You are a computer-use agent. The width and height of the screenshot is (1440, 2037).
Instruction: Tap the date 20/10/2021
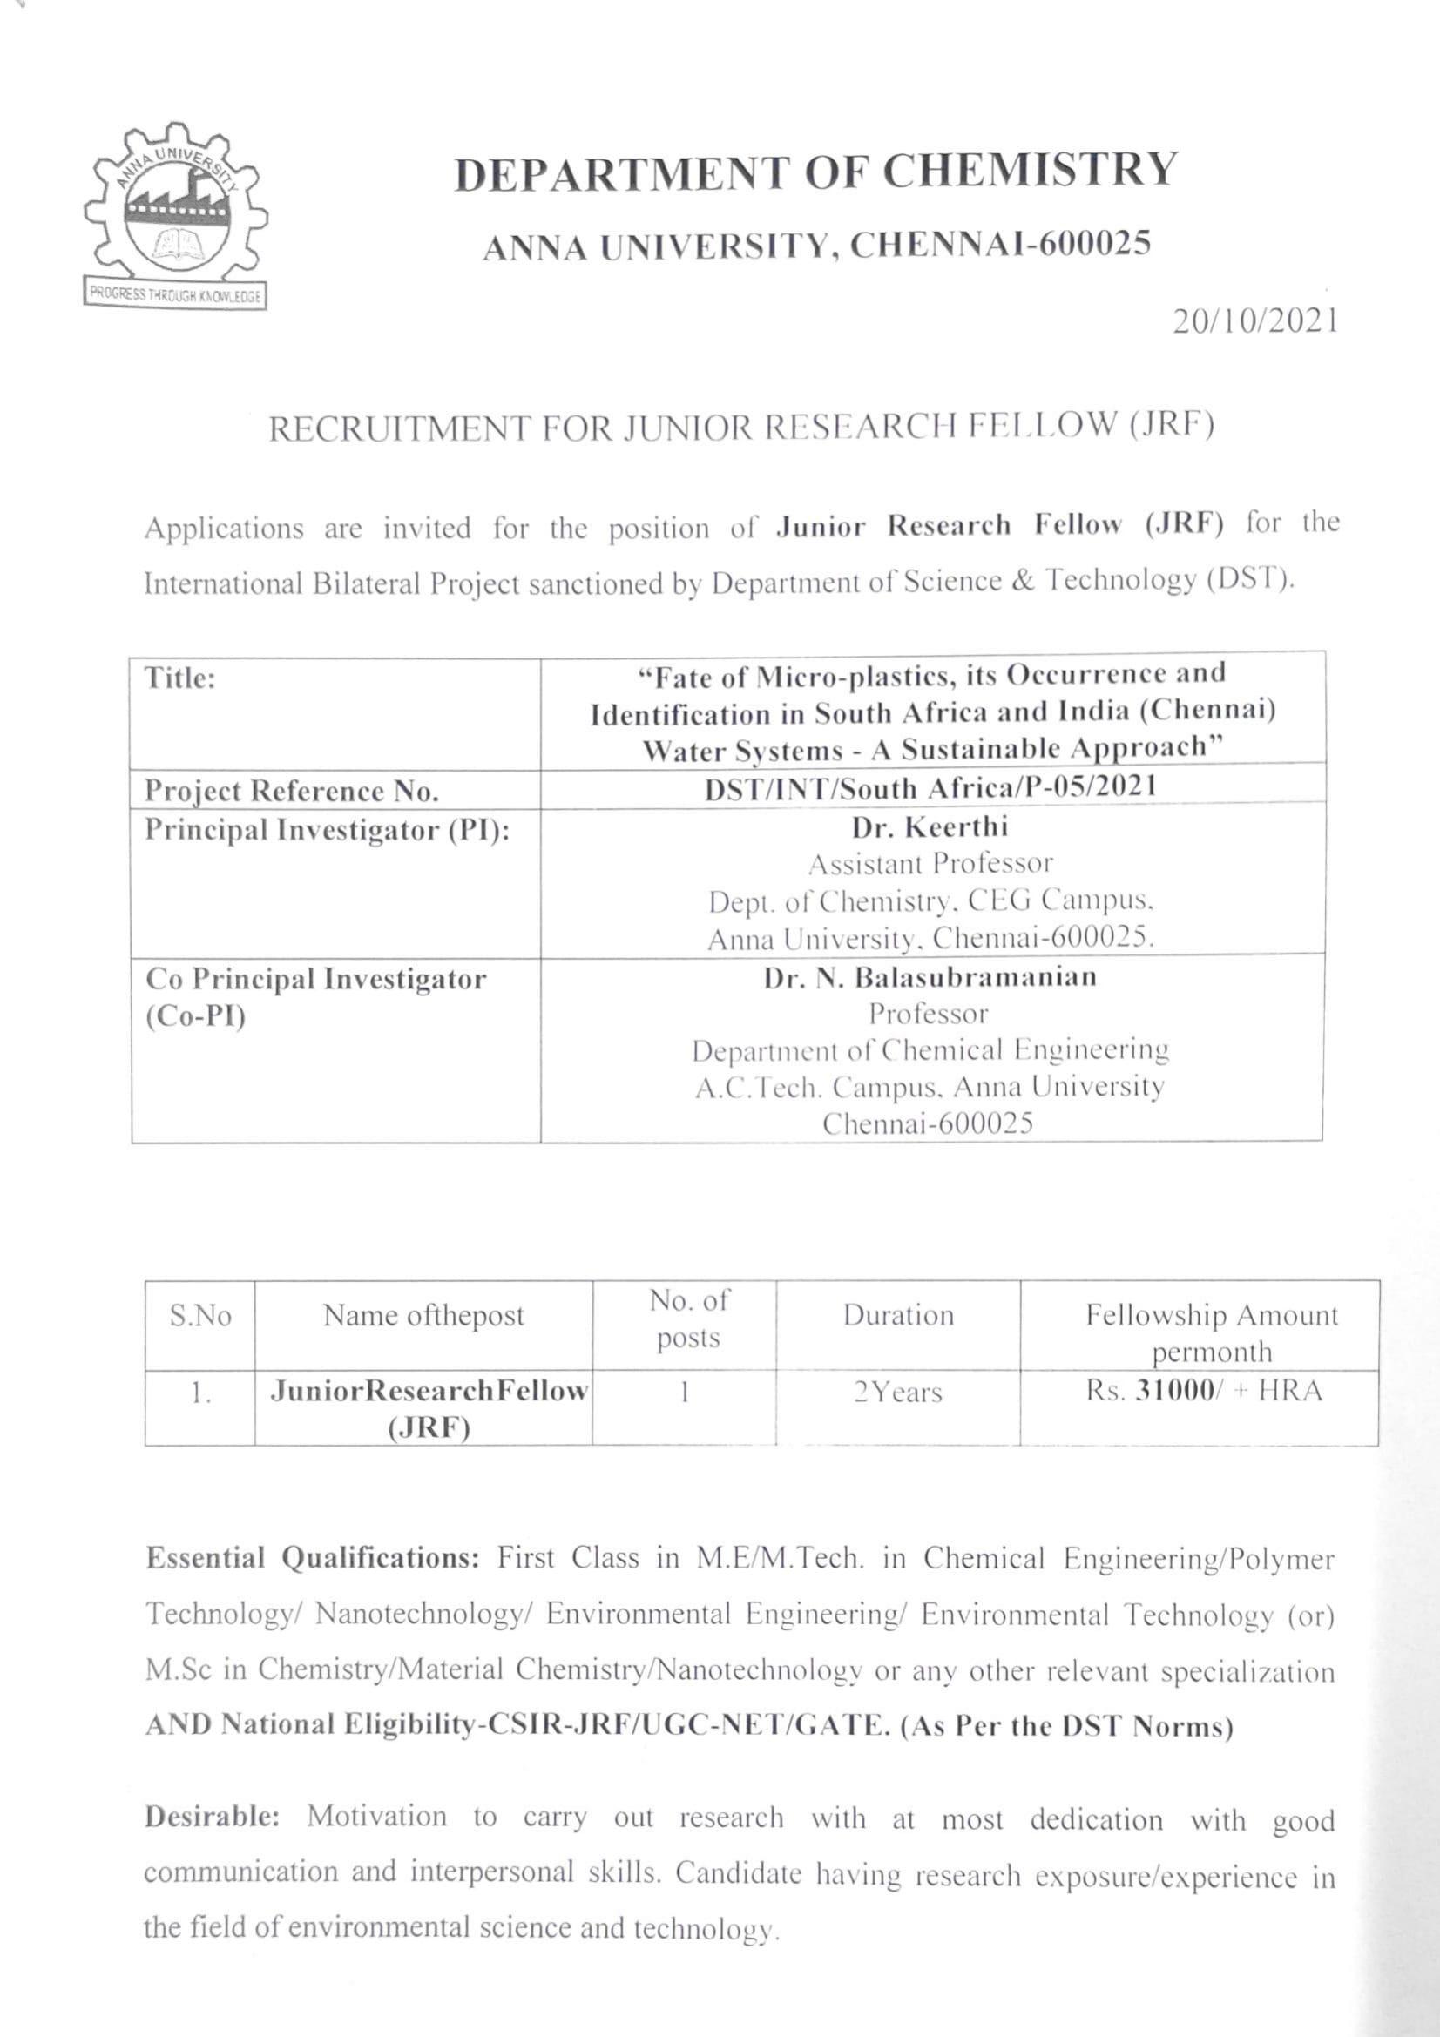[x=1254, y=321]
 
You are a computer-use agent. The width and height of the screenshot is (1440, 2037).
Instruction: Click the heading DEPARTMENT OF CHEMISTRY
[x=815, y=172]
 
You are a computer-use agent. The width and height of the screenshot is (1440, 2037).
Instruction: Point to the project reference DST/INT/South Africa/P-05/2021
[x=930, y=788]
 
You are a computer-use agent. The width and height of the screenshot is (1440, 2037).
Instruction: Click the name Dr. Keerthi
[x=930, y=826]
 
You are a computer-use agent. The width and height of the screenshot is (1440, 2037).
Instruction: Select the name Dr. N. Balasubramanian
[x=930, y=977]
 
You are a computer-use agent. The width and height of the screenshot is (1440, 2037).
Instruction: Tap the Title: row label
[x=180, y=678]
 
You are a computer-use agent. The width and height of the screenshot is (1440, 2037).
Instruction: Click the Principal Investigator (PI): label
[x=328, y=831]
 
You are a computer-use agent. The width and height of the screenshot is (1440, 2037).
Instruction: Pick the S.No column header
[x=200, y=1316]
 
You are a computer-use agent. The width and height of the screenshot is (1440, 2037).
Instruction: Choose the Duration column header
[x=898, y=1315]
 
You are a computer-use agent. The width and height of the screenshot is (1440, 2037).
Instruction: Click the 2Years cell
[x=897, y=1392]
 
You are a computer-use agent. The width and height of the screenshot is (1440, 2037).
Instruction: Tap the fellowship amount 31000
[x=1174, y=1390]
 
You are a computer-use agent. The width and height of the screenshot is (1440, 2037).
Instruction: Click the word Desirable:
[x=212, y=1816]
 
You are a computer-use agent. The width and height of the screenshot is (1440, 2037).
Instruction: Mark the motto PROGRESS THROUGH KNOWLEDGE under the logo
[x=176, y=296]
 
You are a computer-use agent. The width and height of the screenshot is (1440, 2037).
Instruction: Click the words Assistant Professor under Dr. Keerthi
[x=930, y=863]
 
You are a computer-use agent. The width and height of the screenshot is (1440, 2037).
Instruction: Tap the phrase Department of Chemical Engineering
[x=930, y=1050]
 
